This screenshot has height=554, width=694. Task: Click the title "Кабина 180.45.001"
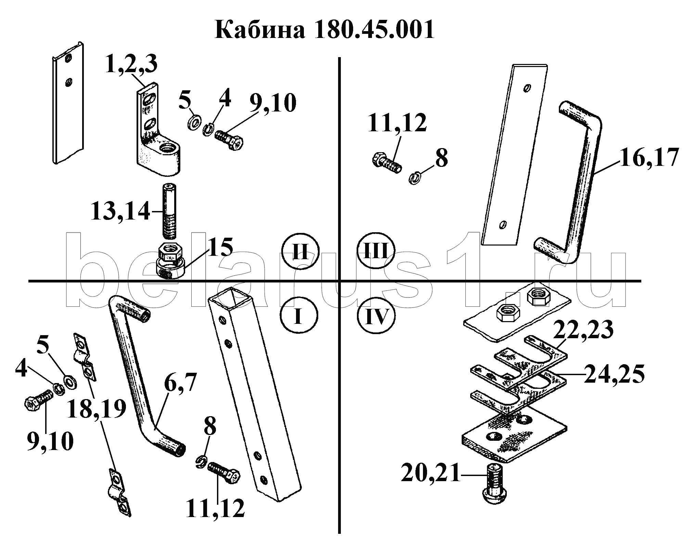[x=324, y=30]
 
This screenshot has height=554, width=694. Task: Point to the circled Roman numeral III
[x=375, y=252]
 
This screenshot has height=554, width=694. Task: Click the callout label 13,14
[x=120, y=211]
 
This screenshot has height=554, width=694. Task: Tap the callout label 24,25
[x=614, y=374]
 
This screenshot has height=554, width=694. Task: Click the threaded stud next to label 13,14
[x=169, y=210]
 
